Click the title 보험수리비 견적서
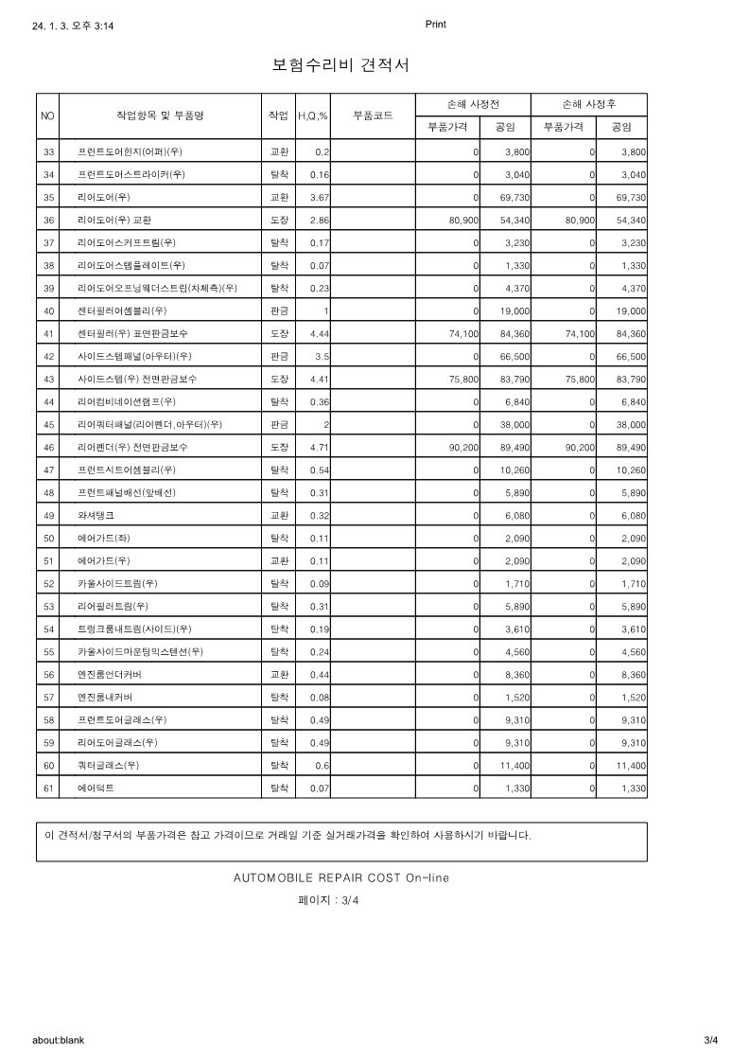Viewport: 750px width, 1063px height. coord(340,65)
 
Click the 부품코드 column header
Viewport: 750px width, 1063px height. coord(373,115)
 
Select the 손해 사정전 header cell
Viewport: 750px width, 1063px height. coord(473,104)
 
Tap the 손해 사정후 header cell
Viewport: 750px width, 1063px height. coord(589,104)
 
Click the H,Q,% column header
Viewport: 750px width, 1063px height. coord(312,115)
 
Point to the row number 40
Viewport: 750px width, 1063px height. coord(48,310)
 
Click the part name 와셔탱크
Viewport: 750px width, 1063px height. coord(96,515)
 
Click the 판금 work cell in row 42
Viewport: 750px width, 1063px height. coord(279,356)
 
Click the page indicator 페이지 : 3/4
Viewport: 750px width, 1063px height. coord(328,900)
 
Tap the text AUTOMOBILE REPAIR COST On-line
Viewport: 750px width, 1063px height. coord(340,877)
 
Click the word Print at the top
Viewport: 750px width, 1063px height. coord(435,25)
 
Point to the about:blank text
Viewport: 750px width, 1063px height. coord(58,1040)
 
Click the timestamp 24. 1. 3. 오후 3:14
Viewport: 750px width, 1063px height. coord(73,27)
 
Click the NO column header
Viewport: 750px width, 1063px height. coord(48,115)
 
